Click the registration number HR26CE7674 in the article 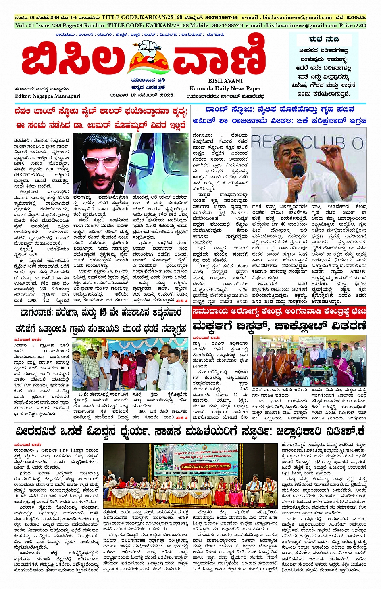[29, 174]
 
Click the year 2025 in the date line [167, 95]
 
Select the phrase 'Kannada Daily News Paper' [225, 88]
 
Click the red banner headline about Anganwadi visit [279, 312]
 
